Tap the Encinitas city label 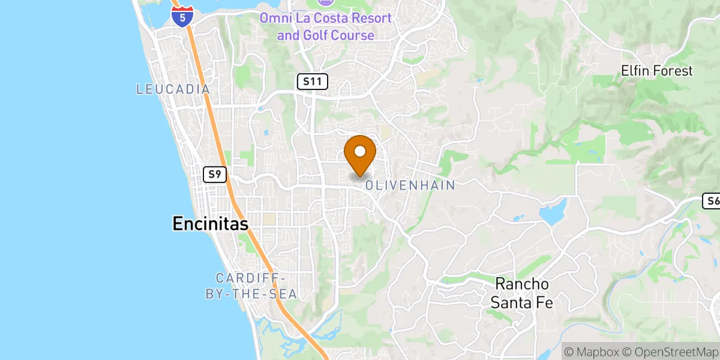pos(210,224)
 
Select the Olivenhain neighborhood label pos(410,185)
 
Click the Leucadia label pos(173,89)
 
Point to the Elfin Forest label pos(656,71)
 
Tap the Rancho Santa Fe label pos(521,293)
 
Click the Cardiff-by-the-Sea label pos(256,286)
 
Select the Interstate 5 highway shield pos(182,16)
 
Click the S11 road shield pos(312,82)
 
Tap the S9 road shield pos(214,175)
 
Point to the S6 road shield pos(712,201)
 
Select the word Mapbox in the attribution pos(596,351)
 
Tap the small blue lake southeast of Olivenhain pos(553,214)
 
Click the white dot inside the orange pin pos(360,151)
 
